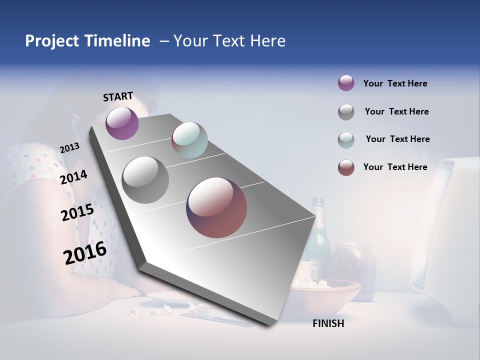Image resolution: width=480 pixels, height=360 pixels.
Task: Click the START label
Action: click(118, 96)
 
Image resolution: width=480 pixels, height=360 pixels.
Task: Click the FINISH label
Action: click(328, 323)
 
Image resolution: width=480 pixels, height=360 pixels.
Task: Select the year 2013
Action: click(69, 148)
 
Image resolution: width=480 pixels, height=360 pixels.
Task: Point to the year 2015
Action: click(77, 212)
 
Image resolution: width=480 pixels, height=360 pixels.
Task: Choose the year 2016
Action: click(85, 253)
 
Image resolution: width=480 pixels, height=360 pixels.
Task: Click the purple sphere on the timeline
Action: click(122, 123)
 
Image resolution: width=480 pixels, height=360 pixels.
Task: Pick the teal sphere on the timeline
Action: click(189, 140)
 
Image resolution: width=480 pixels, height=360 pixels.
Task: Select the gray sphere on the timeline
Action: click(145, 180)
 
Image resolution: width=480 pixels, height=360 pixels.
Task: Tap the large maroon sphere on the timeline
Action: click(216, 207)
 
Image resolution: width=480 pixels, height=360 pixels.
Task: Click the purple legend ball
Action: click(346, 83)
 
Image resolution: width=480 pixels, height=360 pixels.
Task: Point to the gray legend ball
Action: click(346, 112)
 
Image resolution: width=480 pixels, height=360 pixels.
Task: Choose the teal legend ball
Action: click(346, 140)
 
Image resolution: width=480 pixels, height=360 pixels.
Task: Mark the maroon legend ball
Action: click(346, 167)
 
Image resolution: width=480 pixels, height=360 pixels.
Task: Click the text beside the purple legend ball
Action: click(395, 83)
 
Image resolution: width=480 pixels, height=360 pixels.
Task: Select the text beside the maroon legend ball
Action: click(395, 167)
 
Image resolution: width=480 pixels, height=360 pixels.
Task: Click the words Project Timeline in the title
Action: click(87, 41)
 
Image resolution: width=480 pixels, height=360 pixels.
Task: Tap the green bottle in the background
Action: click(319, 235)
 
